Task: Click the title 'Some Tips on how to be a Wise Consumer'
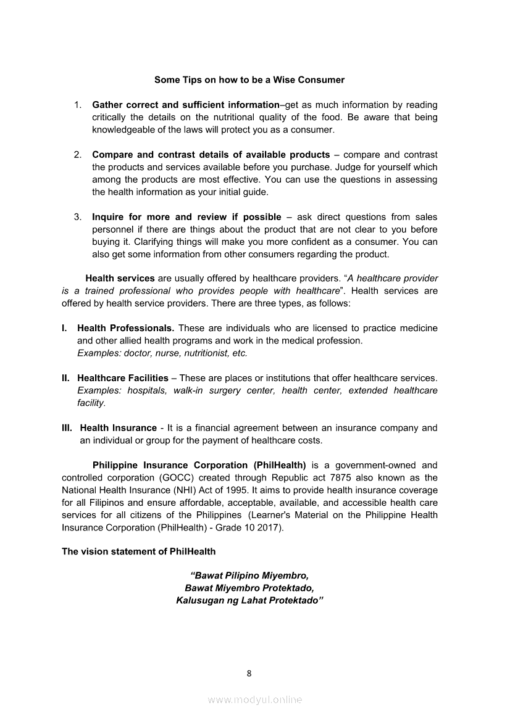pyautogui.click(x=249, y=80)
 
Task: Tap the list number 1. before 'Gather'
pyautogui.click(x=78, y=105)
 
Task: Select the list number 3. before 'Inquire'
pyautogui.click(x=78, y=217)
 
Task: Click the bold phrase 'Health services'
pyautogui.click(x=120, y=278)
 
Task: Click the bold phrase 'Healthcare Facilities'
pyautogui.click(x=122, y=378)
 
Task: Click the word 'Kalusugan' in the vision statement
pyautogui.click(x=201, y=599)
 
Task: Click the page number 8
pyautogui.click(x=249, y=674)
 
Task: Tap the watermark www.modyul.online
pyautogui.click(x=255, y=699)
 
